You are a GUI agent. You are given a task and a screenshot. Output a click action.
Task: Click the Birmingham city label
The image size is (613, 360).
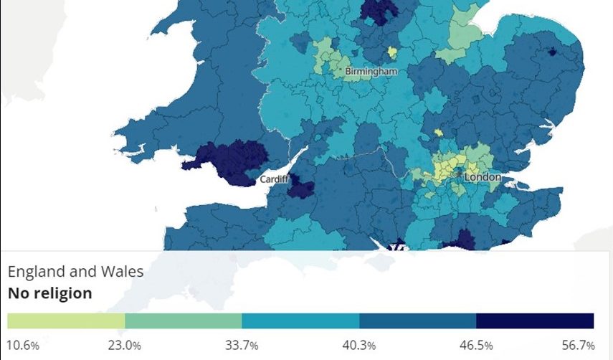pos(371,72)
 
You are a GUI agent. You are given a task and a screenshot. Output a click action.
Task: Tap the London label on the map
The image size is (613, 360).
pos(483,176)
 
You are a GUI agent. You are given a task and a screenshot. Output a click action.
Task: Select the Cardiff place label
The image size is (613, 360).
pos(273,179)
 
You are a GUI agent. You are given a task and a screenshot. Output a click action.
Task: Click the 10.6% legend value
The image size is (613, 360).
pos(23,346)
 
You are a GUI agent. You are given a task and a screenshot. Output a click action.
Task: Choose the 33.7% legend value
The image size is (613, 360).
pos(242,346)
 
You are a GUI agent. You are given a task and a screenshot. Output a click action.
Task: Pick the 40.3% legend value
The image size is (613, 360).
pos(359,346)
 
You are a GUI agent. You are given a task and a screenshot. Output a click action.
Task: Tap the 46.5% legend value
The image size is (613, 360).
pos(476,346)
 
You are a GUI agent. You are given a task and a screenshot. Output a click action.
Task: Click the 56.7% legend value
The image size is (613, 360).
pos(579,346)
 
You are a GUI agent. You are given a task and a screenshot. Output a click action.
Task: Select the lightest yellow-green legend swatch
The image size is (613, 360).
pos(66,321)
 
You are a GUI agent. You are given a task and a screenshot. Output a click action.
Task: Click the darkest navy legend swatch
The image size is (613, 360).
pos(535,321)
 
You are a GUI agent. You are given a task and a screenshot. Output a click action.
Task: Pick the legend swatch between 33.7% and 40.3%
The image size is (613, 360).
pos(300,321)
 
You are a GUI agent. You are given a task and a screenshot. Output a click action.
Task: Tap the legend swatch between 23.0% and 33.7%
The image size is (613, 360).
pos(183,321)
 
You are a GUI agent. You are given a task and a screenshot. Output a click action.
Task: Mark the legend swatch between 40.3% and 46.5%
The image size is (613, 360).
pos(417,321)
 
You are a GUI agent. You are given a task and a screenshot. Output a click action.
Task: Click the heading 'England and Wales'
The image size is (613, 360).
pos(75,272)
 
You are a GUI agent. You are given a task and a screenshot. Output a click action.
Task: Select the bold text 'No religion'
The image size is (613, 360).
pos(49,293)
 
